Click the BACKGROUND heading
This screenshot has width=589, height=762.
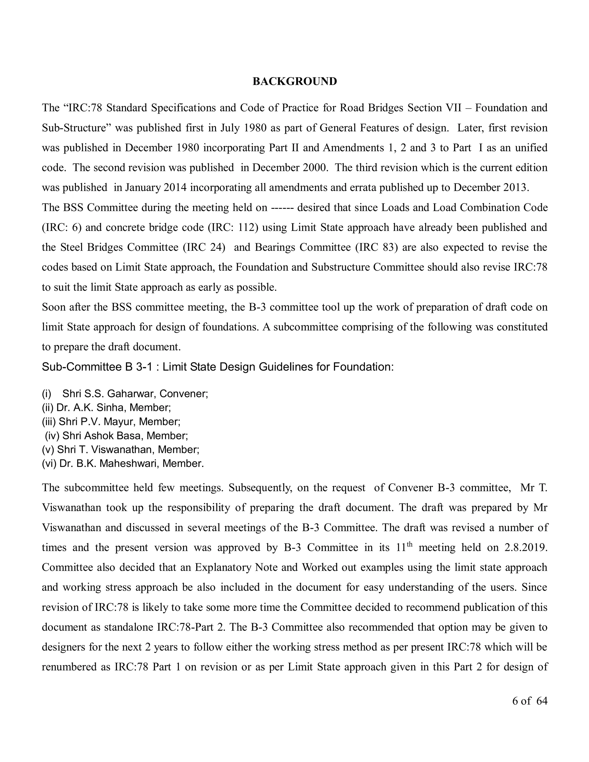pyautogui.click(x=294, y=81)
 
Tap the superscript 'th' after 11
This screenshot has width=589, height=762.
pyautogui.click(x=410, y=544)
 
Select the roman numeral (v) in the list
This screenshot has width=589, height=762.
pyautogui.click(x=48, y=449)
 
